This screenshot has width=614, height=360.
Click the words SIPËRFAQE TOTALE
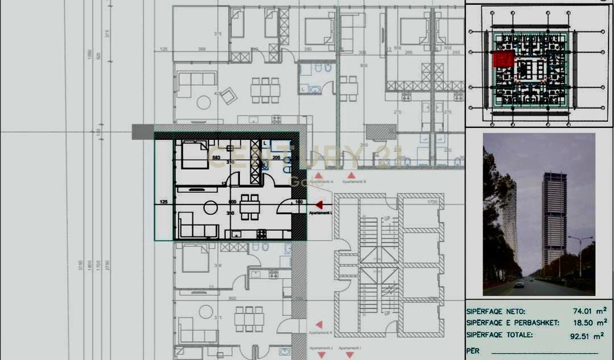(499, 336)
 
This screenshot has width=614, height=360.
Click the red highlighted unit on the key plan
(504, 60)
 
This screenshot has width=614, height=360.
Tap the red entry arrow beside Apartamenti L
(319, 205)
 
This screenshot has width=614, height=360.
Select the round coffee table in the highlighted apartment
(211, 208)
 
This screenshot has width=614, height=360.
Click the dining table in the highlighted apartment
(250, 206)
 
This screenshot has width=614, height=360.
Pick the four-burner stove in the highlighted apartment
(262, 234)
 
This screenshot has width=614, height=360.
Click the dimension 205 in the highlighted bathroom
(276, 157)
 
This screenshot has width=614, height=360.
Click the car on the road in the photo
(519, 284)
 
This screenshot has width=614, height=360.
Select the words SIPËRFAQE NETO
(496, 312)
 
